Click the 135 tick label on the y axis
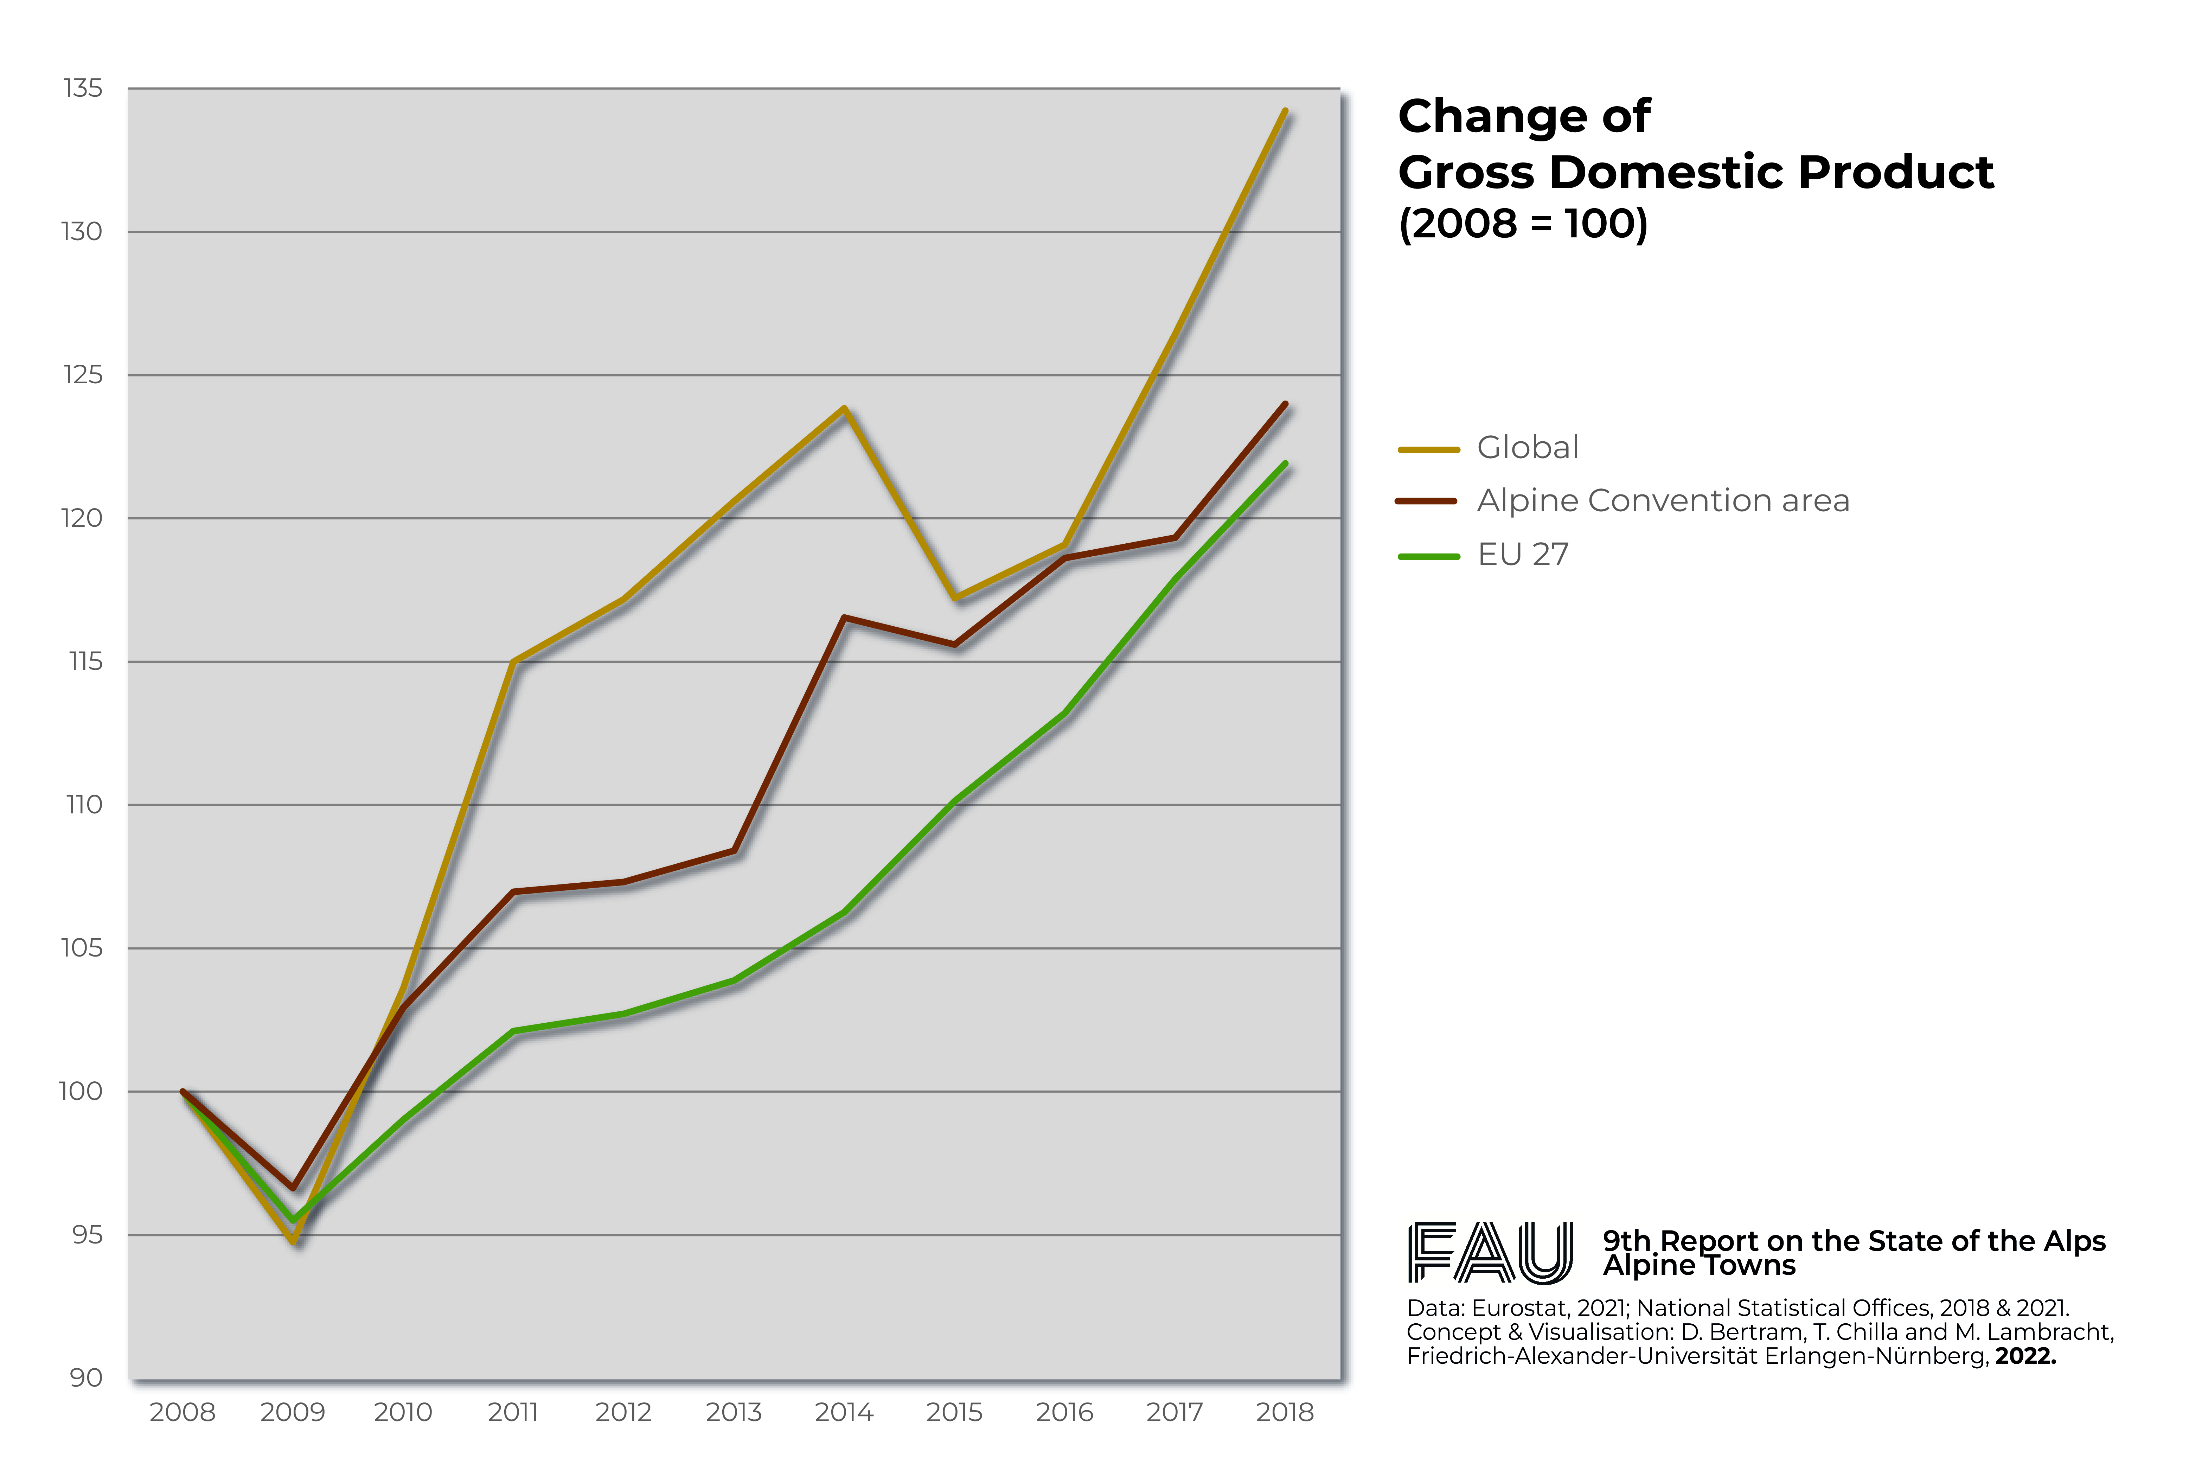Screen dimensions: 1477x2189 pyautogui.click(x=83, y=89)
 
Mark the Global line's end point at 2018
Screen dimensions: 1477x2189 pyautogui.click(x=1285, y=111)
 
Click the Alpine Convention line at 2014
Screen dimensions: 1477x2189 pyautogui.click(x=845, y=618)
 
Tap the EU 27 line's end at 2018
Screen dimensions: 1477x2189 pyautogui.click(x=1285, y=463)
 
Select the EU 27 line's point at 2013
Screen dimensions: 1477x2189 pyautogui.click(x=734, y=980)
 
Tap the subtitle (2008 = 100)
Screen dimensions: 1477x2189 pyautogui.click(x=1523, y=224)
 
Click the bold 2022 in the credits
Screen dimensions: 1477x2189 pyautogui.click(x=2025, y=1356)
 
